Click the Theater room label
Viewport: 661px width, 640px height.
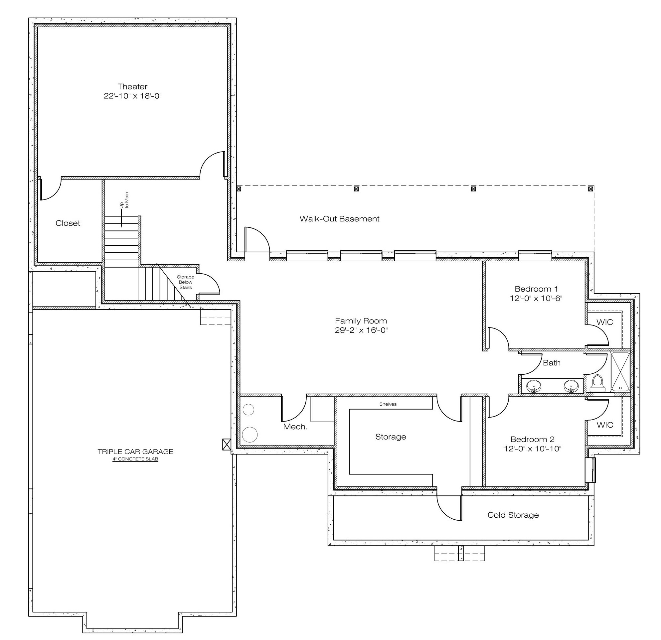coord(132,87)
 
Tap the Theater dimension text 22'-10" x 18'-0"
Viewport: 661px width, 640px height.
coord(132,96)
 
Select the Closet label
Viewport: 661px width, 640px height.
coord(68,223)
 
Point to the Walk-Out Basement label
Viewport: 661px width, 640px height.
coord(339,219)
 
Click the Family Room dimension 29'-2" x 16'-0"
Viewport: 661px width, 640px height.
coord(361,330)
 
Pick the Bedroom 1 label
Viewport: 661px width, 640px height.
coord(536,289)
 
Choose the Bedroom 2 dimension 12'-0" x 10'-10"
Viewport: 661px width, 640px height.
coord(533,448)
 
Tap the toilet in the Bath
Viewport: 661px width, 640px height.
coord(597,384)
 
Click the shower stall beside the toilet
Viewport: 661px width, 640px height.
coord(620,371)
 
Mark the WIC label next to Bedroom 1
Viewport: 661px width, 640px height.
coord(605,322)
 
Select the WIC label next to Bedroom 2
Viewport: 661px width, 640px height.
coord(605,425)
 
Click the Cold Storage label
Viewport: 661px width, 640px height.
coord(513,515)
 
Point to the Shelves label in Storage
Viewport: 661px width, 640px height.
coord(388,404)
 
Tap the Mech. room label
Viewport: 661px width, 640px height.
coord(295,427)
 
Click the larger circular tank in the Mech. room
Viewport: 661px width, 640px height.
coord(249,435)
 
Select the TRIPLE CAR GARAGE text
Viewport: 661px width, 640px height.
coord(135,451)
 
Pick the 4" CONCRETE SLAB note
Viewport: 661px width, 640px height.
coord(135,459)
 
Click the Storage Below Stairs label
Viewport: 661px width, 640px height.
coord(186,282)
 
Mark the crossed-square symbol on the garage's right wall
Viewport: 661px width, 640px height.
coord(227,445)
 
